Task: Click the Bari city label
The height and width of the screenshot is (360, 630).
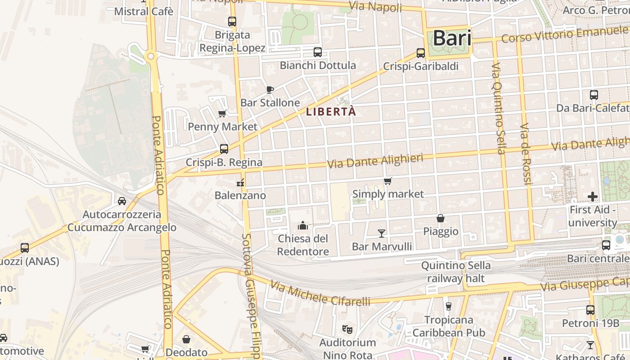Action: point(452,38)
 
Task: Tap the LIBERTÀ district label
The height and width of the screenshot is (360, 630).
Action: point(331,112)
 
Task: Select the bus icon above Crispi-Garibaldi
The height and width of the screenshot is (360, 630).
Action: point(421,53)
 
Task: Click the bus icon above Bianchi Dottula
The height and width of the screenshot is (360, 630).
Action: point(318,52)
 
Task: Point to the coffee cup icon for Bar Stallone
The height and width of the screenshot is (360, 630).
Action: point(270,90)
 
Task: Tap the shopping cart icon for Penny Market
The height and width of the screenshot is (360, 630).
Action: point(222,114)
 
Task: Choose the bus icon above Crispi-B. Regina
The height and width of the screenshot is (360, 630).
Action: point(224,149)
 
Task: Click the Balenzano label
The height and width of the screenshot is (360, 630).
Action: point(240,196)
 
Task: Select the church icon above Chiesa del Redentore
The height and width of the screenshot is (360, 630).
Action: point(303,225)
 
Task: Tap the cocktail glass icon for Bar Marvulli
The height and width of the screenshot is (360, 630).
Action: point(382,233)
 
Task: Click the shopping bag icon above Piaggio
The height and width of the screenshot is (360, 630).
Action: point(441,218)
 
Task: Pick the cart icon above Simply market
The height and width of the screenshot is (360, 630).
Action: point(388,181)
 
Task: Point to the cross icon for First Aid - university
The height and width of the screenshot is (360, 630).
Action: point(593,196)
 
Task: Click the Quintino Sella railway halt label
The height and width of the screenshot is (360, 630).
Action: point(456,272)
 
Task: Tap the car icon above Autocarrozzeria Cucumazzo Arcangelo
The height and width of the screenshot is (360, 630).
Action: point(122,201)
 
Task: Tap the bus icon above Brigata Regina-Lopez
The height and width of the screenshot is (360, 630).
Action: point(232,21)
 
